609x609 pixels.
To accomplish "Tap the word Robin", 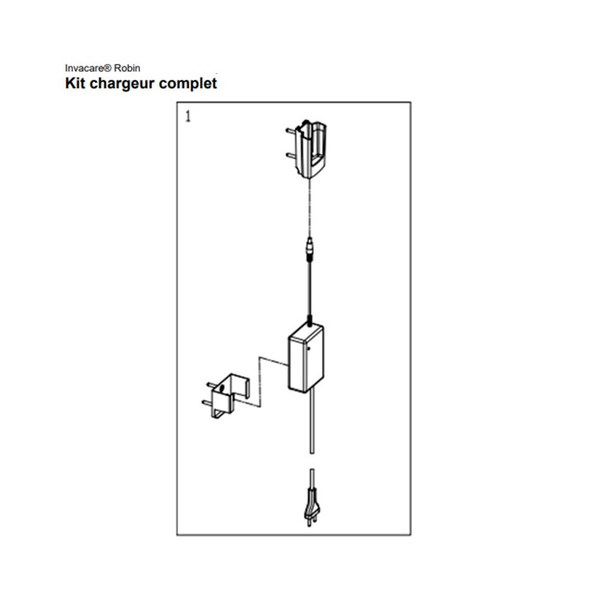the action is pyautogui.click(x=126, y=69).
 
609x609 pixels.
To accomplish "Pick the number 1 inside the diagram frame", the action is pyautogui.click(x=188, y=116).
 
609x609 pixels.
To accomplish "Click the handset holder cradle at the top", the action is pyautogui.click(x=311, y=149).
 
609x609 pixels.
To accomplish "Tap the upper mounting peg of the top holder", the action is pyautogui.click(x=291, y=131).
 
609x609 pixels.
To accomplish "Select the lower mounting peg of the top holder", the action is pyautogui.click(x=291, y=155).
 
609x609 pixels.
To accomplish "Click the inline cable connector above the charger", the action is pyautogui.click(x=310, y=249).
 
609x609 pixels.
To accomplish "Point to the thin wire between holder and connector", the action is pyautogui.click(x=310, y=208).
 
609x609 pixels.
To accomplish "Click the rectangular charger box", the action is pyautogui.click(x=306, y=358).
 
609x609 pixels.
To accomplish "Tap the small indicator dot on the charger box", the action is pyautogui.click(x=309, y=349).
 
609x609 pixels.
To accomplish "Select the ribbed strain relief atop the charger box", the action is pyautogui.click(x=310, y=321).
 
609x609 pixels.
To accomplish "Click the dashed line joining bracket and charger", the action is pyautogui.click(x=260, y=383).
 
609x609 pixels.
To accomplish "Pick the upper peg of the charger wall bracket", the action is pyautogui.click(x=212, y=385).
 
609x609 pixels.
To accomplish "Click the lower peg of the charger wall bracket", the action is pyautogui.click(x=207, y=403).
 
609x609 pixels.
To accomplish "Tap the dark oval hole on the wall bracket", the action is pyautogui.click(x=222, y=387).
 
